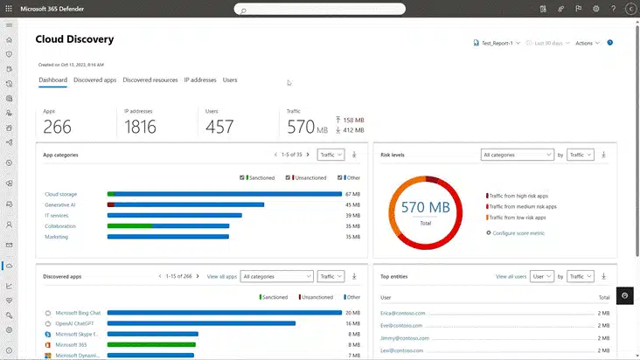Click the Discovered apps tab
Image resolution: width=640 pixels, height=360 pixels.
[95, 80]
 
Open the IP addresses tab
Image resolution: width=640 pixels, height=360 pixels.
[199, 80]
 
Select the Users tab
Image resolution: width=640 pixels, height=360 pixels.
[230, 80]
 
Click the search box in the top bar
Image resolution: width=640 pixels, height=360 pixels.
[319, 10]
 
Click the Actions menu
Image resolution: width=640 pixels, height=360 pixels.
[587, 43]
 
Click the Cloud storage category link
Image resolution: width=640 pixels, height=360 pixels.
[61, 194]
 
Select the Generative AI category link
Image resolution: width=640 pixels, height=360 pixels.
[60, 204]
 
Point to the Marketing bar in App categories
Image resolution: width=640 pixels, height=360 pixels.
[168, 237]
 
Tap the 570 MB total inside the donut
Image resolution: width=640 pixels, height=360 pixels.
[426, 208]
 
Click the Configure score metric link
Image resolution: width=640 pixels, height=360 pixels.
[520, 233]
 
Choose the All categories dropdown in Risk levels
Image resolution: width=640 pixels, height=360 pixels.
[517, 155]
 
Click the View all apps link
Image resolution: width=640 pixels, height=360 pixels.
[222, 276]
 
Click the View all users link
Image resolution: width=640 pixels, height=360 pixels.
[511, 276]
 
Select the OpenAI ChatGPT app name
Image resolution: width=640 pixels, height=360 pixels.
[80, 323]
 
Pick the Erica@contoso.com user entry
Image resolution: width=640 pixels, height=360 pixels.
[401, 312]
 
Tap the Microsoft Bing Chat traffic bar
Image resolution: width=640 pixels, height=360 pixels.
[224, 312]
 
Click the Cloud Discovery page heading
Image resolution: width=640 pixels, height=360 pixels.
[74, 39]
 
